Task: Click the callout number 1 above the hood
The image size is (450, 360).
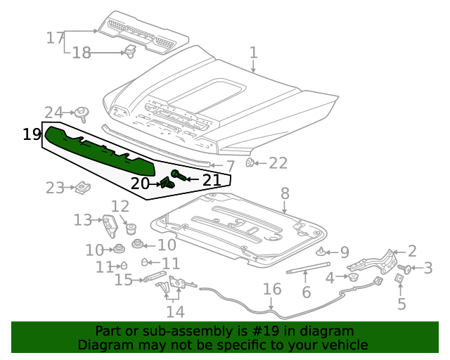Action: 253,53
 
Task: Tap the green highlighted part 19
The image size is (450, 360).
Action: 98,149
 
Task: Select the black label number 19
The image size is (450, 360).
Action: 32,134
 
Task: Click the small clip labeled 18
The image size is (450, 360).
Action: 130,51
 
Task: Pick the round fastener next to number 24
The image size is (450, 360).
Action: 83,112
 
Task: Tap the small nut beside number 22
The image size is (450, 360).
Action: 250,163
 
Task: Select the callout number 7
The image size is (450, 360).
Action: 230,167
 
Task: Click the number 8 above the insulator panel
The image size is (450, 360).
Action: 285,193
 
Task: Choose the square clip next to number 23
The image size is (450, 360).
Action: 82,188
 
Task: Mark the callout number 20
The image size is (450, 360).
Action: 140,184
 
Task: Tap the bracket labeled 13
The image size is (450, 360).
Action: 110,226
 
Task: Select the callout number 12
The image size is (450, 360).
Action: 120,207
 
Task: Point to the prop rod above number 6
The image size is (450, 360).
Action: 307,266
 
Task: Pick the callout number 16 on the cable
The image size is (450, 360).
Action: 271,289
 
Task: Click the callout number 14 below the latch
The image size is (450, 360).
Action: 175,311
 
